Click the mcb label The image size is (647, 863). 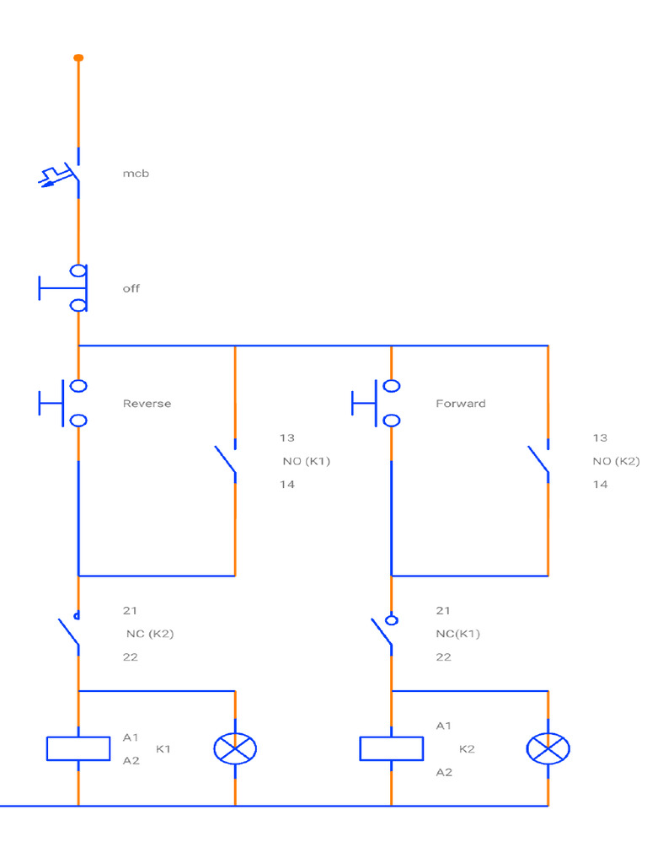(136, 174)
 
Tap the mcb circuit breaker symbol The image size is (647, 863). (64, 174)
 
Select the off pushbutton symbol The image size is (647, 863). (64, 288)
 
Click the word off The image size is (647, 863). (131, 288)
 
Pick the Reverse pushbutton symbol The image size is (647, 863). (64, 403)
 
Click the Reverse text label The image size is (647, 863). (147, 404)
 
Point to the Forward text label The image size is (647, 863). (461, 404)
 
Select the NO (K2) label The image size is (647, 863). (616, 461)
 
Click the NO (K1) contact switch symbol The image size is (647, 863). (226, 461)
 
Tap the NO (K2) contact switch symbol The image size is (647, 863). (539, 461)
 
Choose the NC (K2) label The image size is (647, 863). (150, 634)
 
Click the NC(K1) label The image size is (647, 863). (457, 634)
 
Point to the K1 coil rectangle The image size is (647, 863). (78, 748)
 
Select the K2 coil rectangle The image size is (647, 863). (391, 748)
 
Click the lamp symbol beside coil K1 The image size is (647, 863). (235, 748)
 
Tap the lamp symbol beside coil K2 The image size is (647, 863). (548, 748)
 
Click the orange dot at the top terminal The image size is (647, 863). (78, 57)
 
